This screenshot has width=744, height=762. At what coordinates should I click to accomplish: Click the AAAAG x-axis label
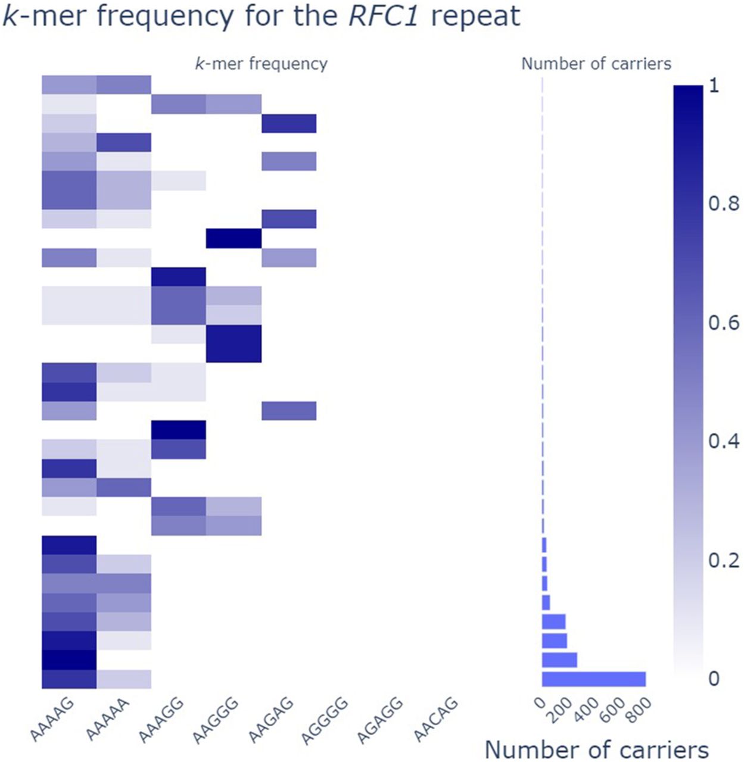coord(52,719)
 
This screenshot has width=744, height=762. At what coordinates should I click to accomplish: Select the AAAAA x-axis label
coord(108,719)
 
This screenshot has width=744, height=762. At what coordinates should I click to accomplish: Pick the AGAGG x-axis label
coord(381,720)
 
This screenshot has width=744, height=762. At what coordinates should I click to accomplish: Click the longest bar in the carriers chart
coord(593,679)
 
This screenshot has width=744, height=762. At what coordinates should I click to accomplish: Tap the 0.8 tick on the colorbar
coord(723,204)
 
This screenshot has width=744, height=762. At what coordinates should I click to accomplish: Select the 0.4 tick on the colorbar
coord(723,441)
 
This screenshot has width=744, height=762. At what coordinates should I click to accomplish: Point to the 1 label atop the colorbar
coord(714,86)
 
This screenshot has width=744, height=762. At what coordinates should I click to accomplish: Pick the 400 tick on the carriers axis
coord(587,710)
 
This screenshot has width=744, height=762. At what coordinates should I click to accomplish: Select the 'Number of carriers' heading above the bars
coord(596,64)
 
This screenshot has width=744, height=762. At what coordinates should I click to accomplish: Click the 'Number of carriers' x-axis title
coord(596,749)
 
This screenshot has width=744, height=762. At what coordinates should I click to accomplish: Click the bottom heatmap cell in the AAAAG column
coord(69,679)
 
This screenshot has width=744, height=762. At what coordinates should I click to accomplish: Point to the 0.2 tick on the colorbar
coord(723,560)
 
